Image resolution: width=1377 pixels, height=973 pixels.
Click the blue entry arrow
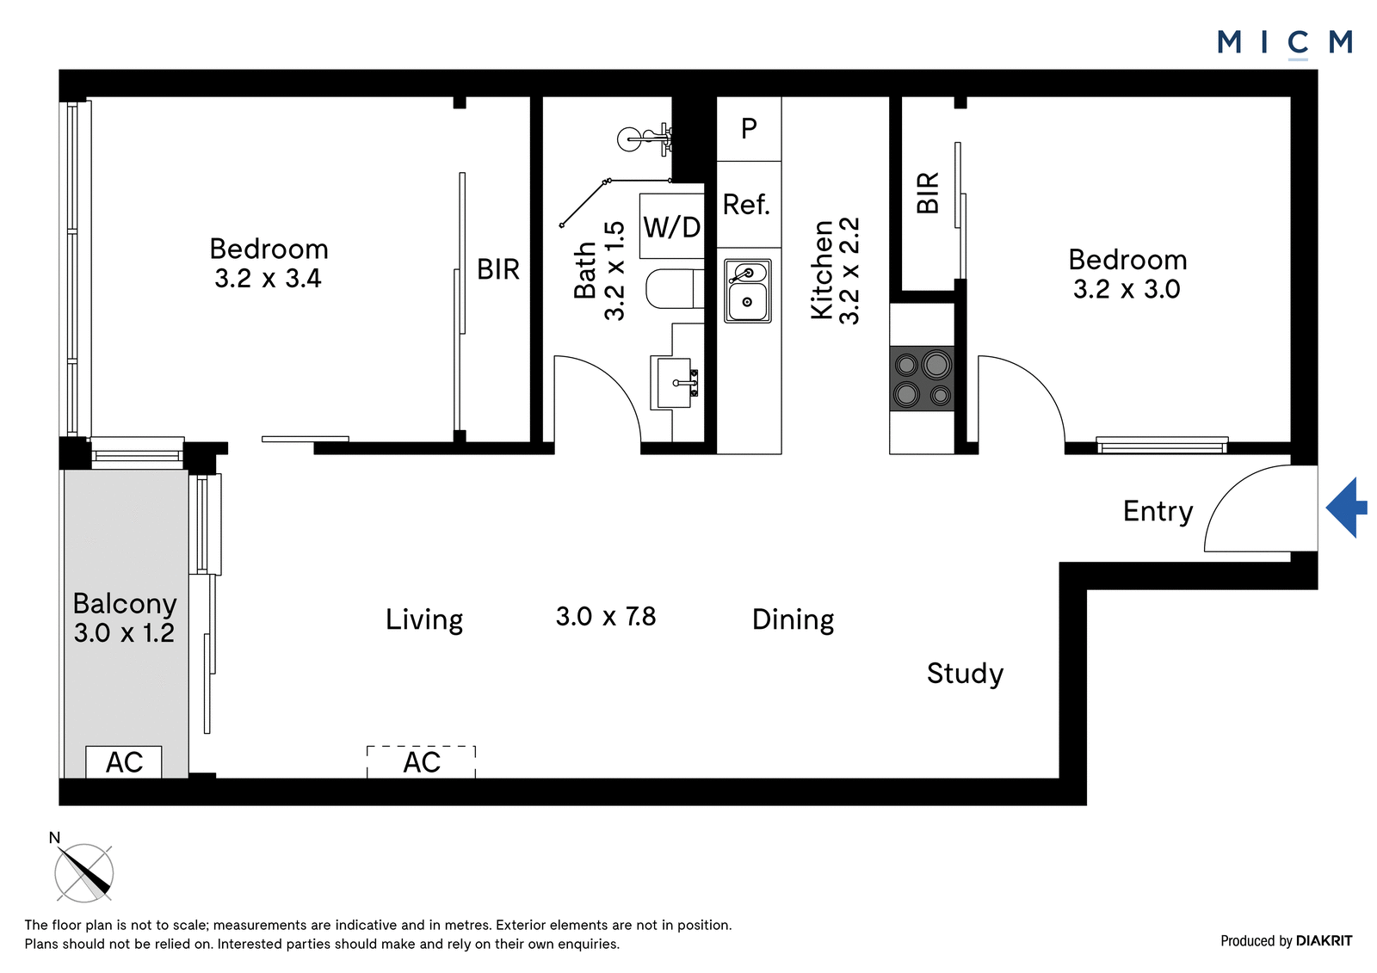click(x=1346, y=508)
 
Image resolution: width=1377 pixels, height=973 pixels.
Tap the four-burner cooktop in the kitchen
click(x=922, y=379)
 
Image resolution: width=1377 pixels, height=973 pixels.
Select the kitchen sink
click(x=748, y=291)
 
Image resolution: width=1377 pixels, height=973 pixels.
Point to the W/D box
click(x=672, y=226)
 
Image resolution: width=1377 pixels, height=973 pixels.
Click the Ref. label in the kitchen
click(x=746, y=205)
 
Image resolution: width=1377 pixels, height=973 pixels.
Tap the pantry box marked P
click(x=750, y=129)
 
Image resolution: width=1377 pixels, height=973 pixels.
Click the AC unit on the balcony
click(x=124, y=762)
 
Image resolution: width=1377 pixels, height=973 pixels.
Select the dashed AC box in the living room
click(x=421, y=762)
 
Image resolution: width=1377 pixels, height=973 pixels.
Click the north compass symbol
click(x=83, y=872)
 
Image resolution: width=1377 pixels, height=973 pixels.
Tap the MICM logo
click(x=1285, y=43)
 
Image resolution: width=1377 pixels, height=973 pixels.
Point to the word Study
click(x=965, y=674)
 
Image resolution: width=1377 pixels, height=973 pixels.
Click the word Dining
click(x=793, y=619)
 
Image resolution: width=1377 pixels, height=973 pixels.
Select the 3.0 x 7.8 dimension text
click(x=606, y=617)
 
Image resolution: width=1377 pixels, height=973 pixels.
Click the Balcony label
click(x=125, y=604)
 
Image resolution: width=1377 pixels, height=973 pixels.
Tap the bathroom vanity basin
click(x=675, y=382)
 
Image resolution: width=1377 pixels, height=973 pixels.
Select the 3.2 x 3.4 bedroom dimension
click(x=268, y=279)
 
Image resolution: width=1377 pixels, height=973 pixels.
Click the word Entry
click(x=1158, y=511)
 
